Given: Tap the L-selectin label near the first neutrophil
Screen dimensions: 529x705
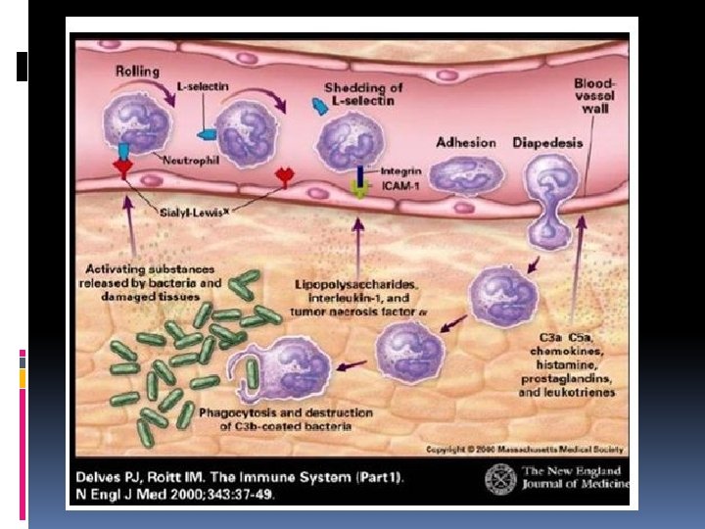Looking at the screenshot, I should pyautogui.click(x=203, y=87).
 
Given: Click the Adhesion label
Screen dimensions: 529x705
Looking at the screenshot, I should pyautogui.click(x=466, y=142).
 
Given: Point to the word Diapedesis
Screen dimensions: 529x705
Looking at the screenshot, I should pyautogui.click(x=547, y=142).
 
